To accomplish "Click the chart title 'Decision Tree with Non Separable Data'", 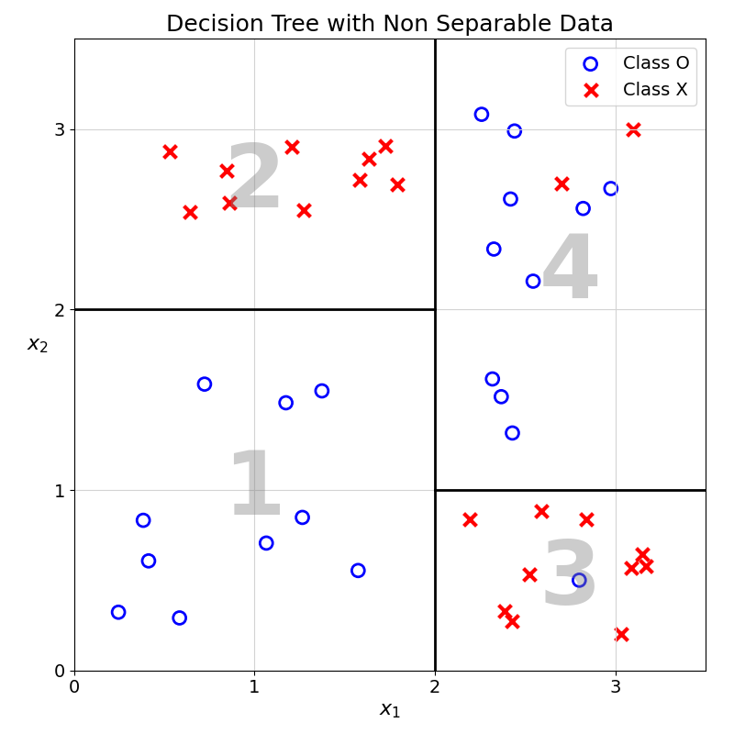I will click(390, 24).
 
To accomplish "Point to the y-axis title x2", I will click(38, 344).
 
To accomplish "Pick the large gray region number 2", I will click(254, 179).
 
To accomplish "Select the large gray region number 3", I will click(570, 576).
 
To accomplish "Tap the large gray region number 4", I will click(570, 270).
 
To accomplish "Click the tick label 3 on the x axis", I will click(616, 687).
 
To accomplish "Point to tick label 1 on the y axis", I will click(60, 490).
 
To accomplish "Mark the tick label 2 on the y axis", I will click(60, 310).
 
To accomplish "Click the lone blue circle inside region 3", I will click(579, 580).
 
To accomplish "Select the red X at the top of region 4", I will click(633, 129).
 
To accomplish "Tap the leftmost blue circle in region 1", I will click(118, 612).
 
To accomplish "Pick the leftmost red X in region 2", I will click(170, 151).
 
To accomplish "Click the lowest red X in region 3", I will click(621, 634).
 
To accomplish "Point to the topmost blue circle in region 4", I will click(482, 115).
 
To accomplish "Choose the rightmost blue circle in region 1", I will click(358, 571).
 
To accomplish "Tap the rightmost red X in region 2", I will click(397, 184).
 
